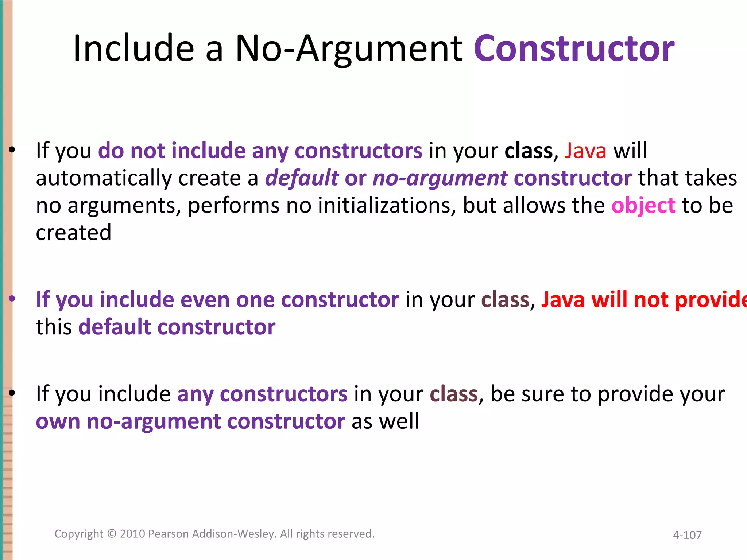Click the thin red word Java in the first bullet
585,151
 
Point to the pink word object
643,206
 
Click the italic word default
302,178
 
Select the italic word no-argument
440,178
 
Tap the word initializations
387,205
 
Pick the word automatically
104,178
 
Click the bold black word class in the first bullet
529,151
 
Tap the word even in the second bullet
205,300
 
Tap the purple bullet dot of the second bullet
12,299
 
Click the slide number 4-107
687,535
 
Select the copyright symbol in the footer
112,534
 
